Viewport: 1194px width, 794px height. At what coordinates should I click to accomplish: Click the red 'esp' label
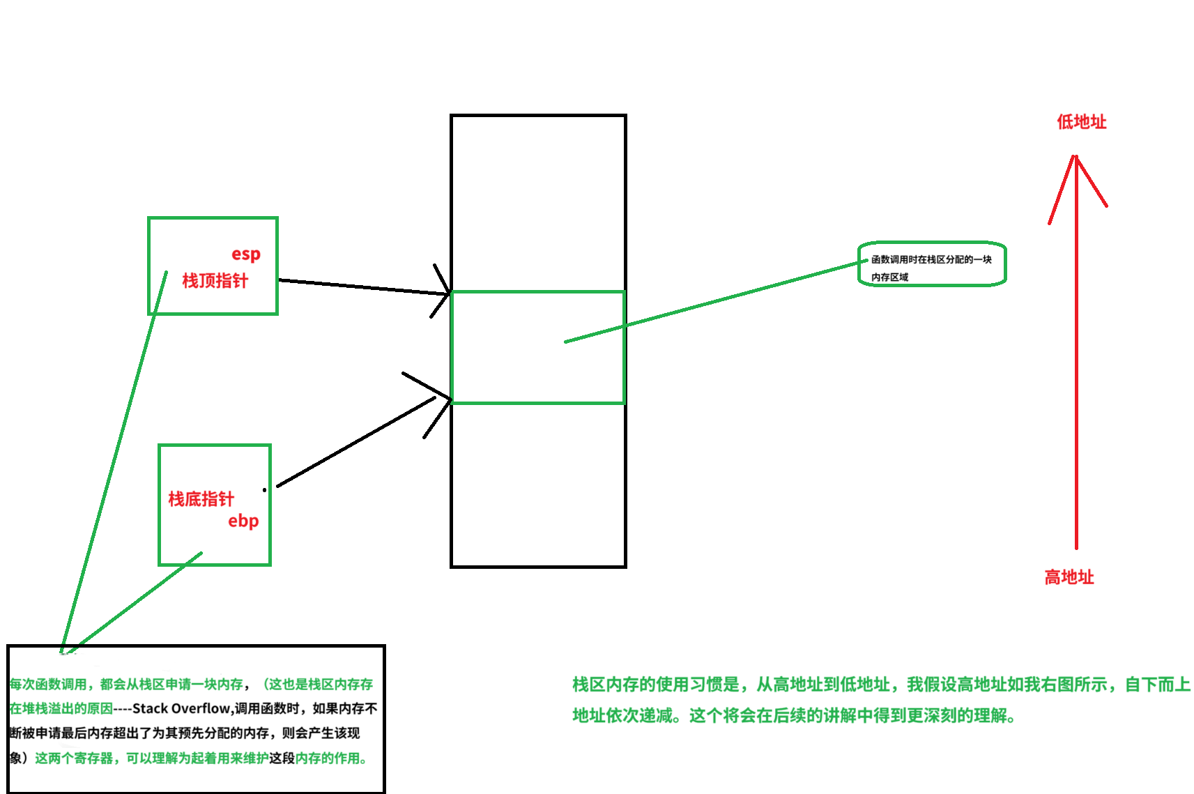(x=246, y=254)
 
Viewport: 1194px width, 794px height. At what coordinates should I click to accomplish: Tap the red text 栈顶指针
(x=215, y=281)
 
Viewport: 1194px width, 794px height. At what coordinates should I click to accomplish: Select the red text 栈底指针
(x=201, y=499)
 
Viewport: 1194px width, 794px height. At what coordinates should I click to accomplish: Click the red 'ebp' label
(x=243, y=521)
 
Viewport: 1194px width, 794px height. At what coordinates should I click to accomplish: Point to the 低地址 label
(x=1081, y=122)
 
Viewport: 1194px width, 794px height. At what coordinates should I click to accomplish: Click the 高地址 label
(x=1069, y=577)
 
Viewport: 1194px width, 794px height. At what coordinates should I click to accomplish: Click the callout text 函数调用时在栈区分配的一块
(x=931, y=259)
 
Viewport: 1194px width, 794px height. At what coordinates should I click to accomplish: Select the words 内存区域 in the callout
(x=889, y=277)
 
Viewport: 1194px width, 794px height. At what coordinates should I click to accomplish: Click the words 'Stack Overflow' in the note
(x=181, y=708)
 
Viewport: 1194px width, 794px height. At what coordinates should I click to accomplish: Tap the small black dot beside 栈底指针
(x=264, y=489)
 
